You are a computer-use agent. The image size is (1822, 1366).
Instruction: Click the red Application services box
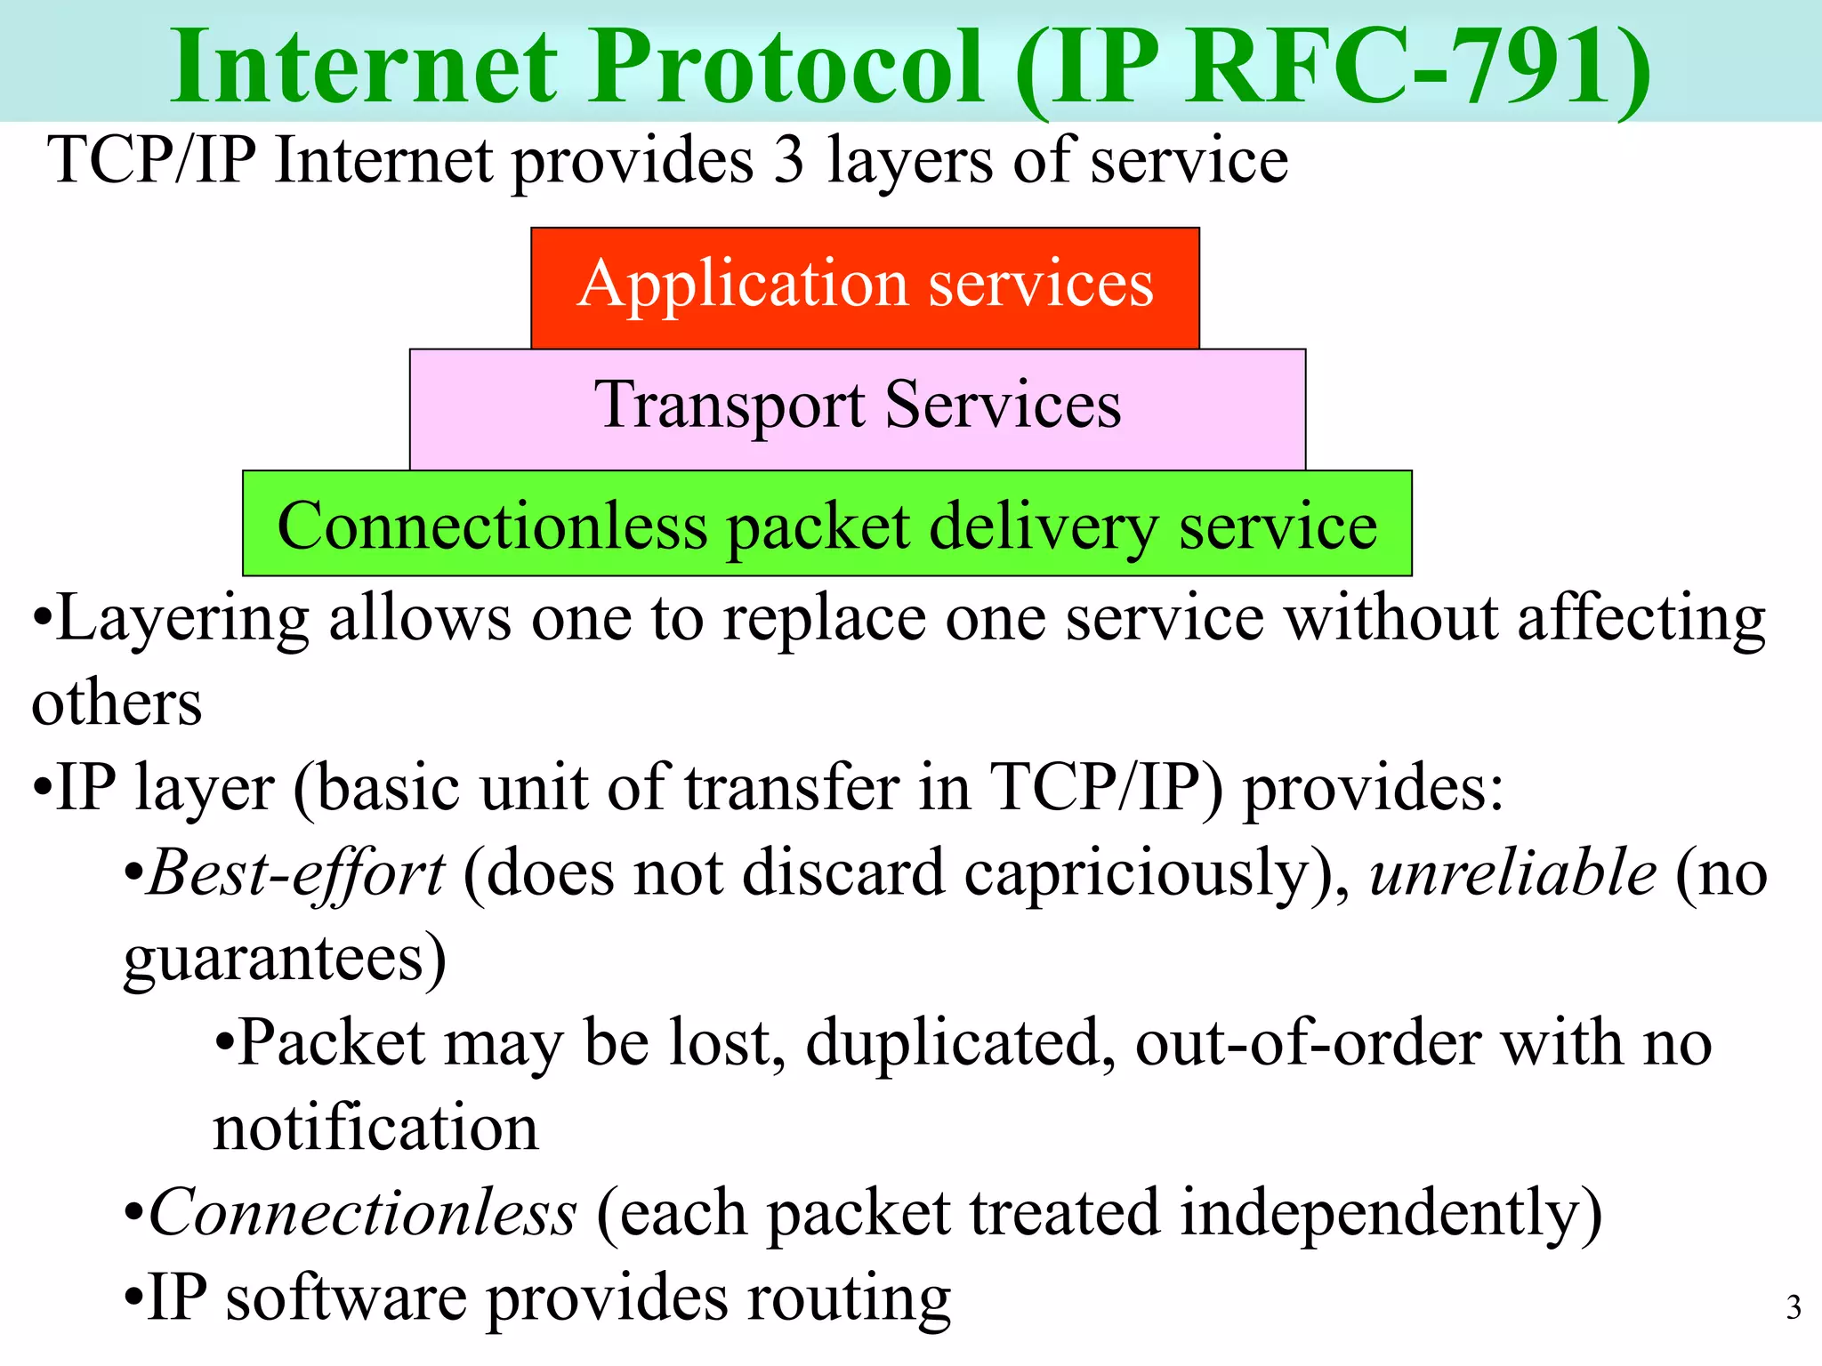tap(865, 287)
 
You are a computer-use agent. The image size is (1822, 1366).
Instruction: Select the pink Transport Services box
tap(858, 408)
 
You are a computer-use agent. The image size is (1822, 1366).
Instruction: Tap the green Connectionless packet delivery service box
tap(826, 525)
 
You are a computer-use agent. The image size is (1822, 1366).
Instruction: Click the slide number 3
tap(1794, 1307)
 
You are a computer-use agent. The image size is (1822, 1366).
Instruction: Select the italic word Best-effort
tap(296, 874)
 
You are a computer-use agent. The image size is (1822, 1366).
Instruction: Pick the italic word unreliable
tap(1513, 874)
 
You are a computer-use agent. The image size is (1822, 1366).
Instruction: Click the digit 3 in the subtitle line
tap(789, 161)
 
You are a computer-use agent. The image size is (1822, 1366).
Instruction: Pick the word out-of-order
tap(1308, 1043)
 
